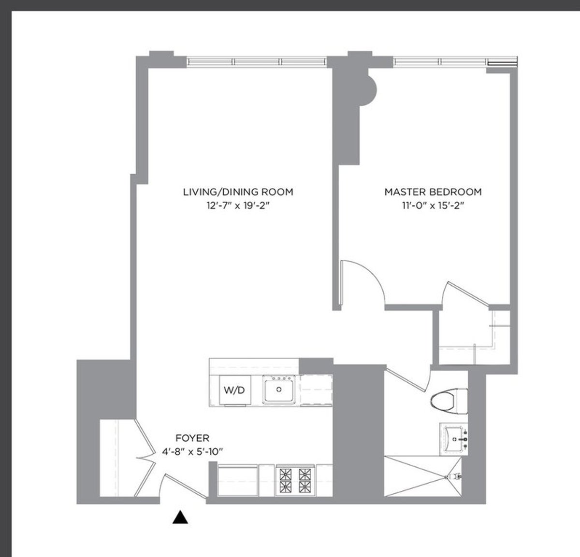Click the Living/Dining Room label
coord(238,192)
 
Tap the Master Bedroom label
coord(433,192)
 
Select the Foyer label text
coord(192,438)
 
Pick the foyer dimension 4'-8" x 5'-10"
coord(192,452)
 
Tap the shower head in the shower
coord(454,477)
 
